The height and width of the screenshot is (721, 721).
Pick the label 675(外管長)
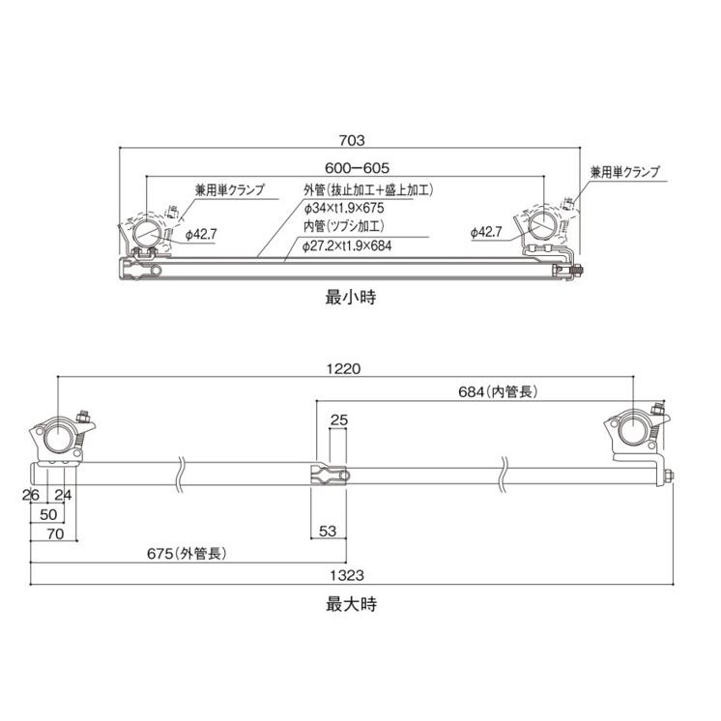click(x=187, y=554)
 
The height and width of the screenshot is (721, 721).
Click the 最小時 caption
click(x=350, y=297)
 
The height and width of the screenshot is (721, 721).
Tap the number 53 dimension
click(x=330, y=531)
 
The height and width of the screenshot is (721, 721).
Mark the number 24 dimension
click(x=64, y=496)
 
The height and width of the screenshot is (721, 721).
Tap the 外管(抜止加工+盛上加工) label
click(x=367, y=190)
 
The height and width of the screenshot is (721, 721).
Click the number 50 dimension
click(x=48, y=513)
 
